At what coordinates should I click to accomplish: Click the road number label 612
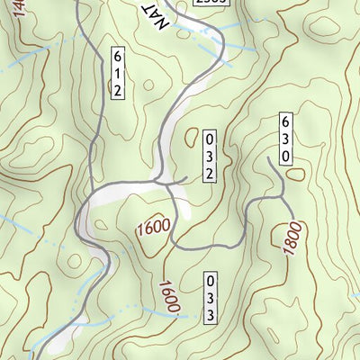pyautogui.click(x=118, y=73)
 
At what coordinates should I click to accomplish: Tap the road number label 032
pyautogui.click(x=210, y=157)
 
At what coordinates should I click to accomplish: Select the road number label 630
pyautogui.click(x=285, y=139)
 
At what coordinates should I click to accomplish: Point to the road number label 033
pyautogui.click(x=210, y=297)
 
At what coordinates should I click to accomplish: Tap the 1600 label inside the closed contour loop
pyautogui.click(x=153, y=229)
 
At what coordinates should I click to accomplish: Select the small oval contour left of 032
pyautogui.click(x=191, y=137)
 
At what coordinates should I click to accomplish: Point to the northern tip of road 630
pyautogui.click(x=270, y=157)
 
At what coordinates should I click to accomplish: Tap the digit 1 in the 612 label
pyautogui.click(x=118, y=73)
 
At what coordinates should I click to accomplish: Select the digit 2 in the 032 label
pyautogui.click(x=210, y=173)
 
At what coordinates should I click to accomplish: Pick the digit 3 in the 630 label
pyautogui.click(x=285, y=139)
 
